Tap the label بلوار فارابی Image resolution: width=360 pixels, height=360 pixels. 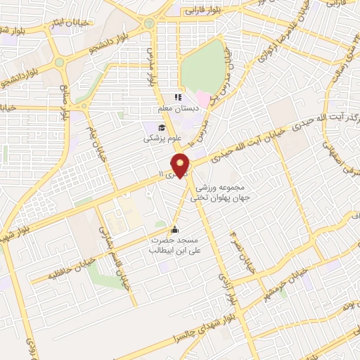[204, 12]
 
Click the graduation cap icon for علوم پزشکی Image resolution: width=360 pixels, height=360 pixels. [162, 127]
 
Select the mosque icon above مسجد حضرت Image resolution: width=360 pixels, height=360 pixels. [174, 230]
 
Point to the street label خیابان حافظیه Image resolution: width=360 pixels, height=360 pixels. [50, 271]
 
